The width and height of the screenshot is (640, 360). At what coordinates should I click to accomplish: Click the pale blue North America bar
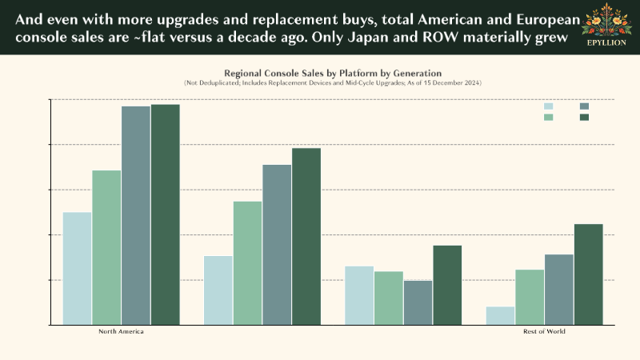77,268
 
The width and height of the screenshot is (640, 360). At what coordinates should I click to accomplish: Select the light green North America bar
106,247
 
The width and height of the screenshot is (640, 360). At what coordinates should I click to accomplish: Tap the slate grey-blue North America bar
136,215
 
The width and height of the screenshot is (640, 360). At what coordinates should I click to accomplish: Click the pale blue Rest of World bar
501,315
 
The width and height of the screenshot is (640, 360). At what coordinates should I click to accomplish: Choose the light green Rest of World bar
530,297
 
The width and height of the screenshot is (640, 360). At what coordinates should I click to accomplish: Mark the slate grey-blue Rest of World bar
559,289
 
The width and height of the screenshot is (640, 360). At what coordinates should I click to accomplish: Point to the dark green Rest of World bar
589,274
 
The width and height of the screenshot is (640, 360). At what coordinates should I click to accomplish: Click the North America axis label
121,331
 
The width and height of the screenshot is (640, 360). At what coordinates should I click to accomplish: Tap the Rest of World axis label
544,331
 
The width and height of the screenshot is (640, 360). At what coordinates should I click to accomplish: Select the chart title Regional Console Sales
332,73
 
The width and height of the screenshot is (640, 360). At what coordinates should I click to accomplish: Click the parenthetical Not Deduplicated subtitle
332,83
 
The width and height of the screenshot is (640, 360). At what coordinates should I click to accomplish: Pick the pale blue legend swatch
549,106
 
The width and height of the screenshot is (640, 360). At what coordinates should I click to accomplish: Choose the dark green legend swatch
584,118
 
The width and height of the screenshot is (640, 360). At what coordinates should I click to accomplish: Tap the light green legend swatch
549,118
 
